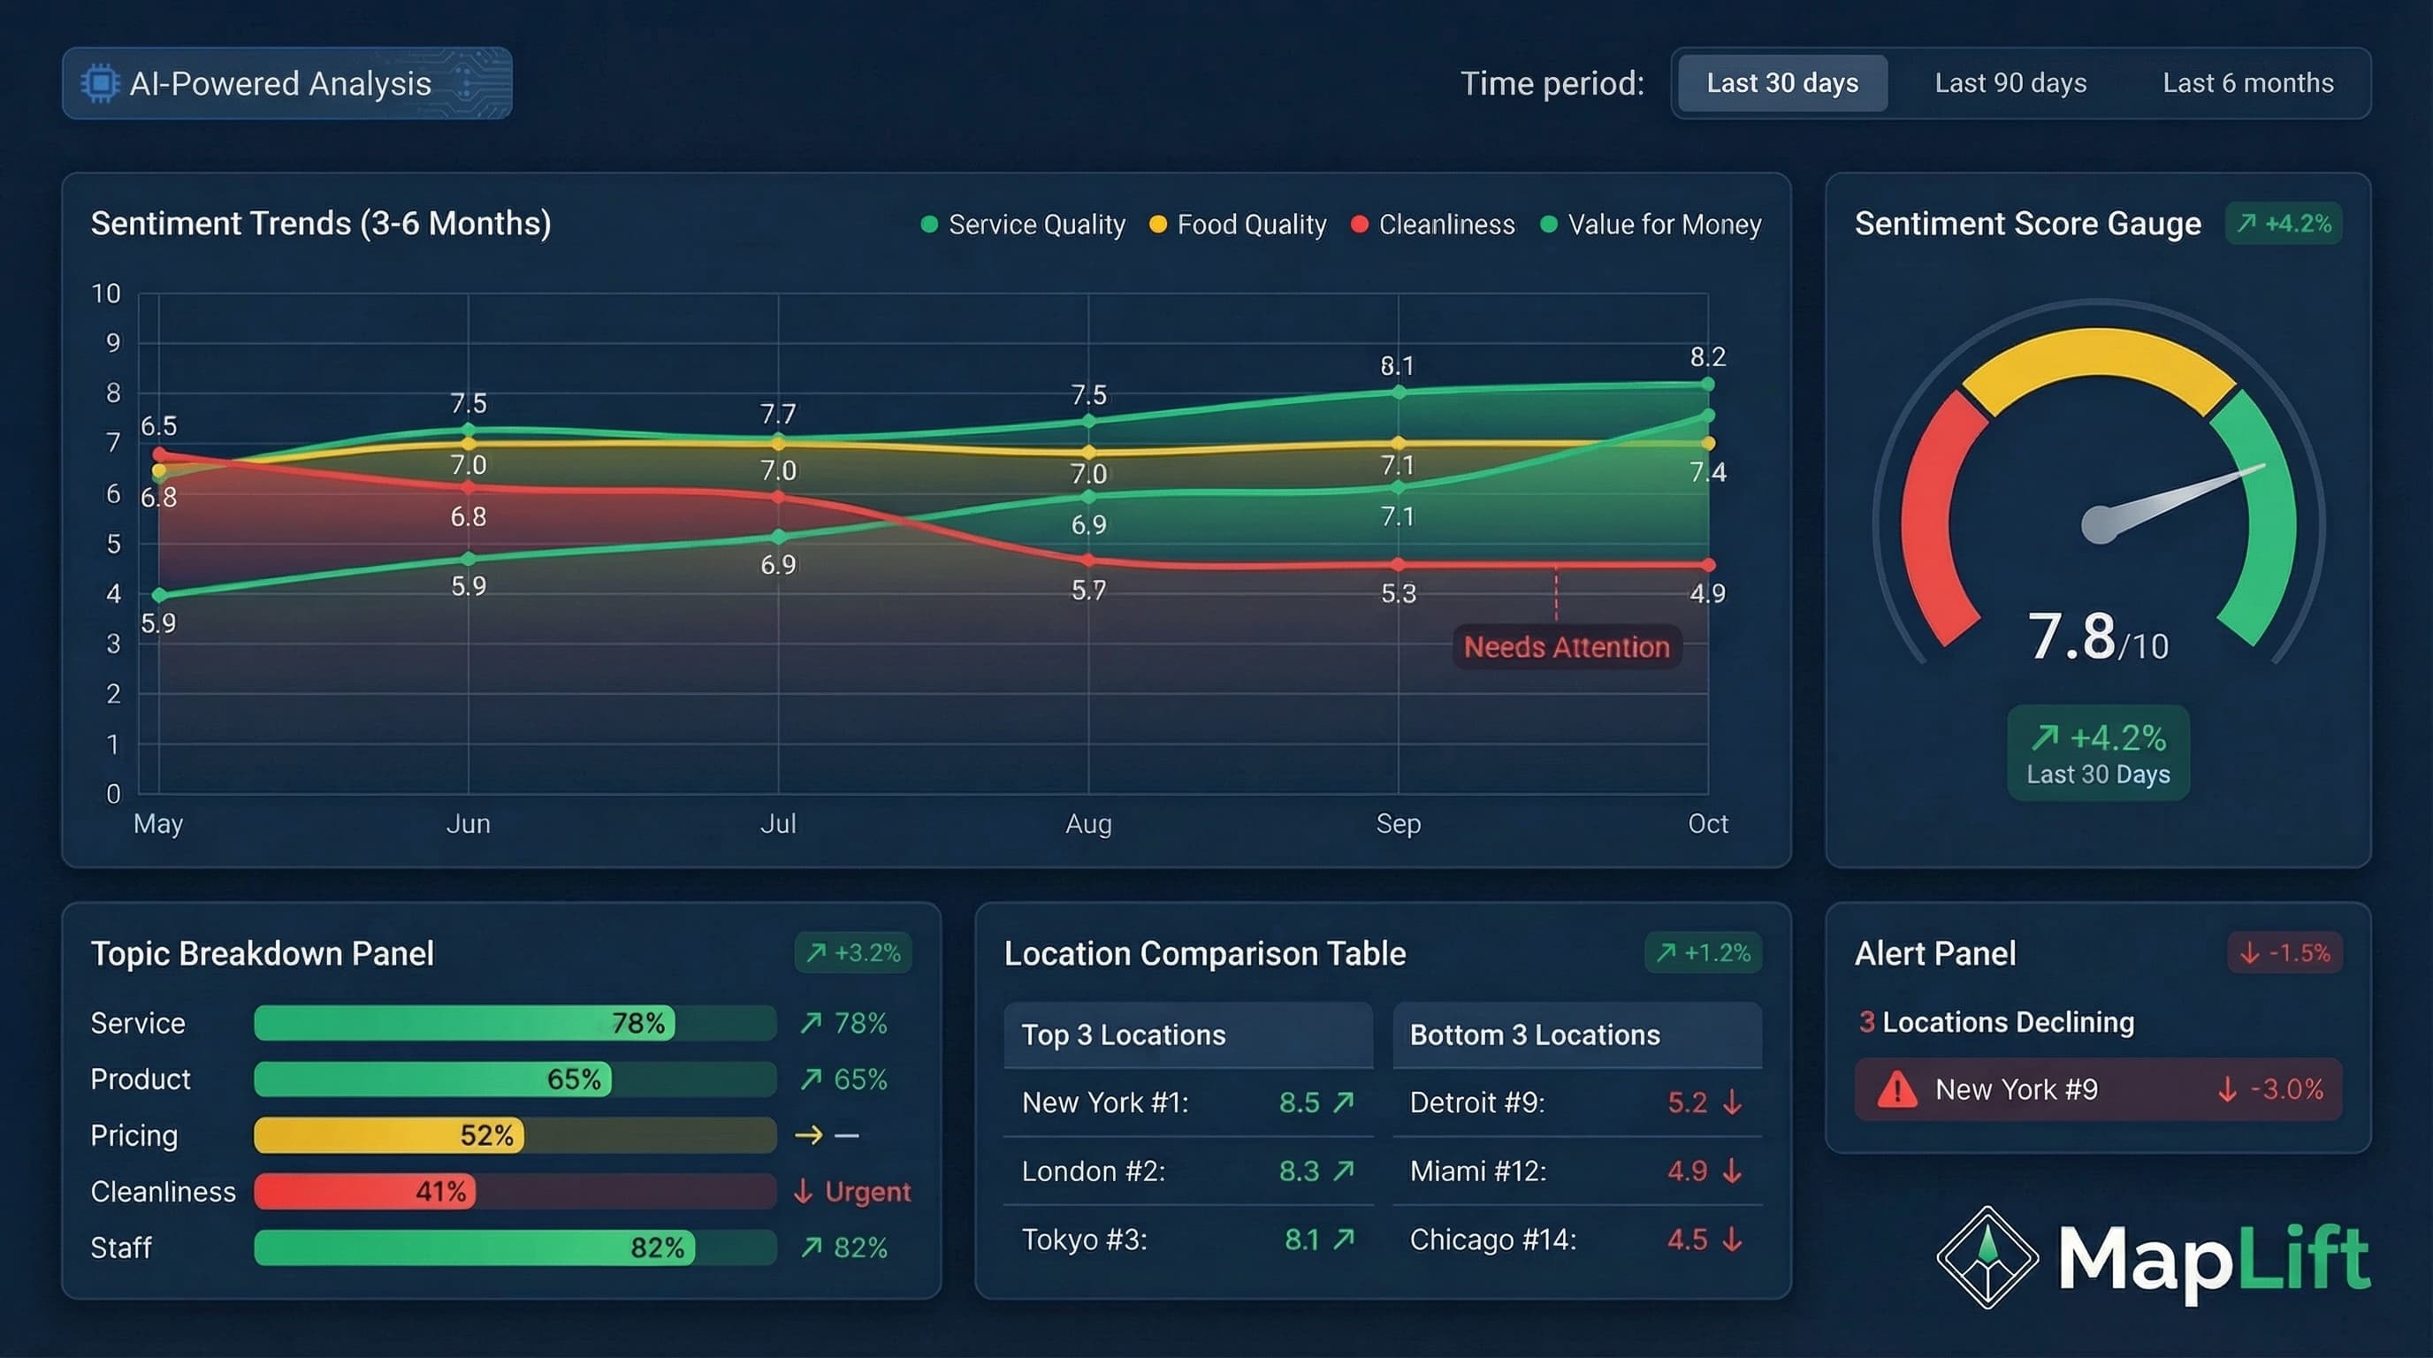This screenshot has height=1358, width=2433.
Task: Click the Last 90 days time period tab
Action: click(2010, 83)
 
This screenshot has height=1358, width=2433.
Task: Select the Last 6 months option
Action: click(2247, 83)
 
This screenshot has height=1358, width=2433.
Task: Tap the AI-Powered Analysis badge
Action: click(286, 83)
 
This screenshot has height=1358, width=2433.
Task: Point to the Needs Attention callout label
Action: click(1566, 647)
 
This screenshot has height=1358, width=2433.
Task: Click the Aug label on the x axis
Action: click(1088, 823)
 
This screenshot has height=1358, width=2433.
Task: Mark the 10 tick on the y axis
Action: click(106, 294)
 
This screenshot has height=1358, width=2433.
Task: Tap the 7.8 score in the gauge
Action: click(2071, 637)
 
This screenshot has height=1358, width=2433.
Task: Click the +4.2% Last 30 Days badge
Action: click(2098, 753)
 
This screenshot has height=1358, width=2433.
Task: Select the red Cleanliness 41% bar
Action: click(364, 1192)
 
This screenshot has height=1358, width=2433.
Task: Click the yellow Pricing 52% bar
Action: click(388, 1135)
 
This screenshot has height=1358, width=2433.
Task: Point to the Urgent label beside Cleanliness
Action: click(866, 1192)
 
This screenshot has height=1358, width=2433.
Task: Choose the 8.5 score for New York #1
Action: click(1299, 1102)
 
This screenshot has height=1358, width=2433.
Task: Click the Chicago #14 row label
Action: click(1492, 1239)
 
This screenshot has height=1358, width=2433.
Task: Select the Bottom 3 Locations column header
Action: click(1534, 1035)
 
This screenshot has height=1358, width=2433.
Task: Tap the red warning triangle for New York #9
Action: click(1896, 1090)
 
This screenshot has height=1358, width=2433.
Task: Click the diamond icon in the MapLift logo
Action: click(1987, 1257)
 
